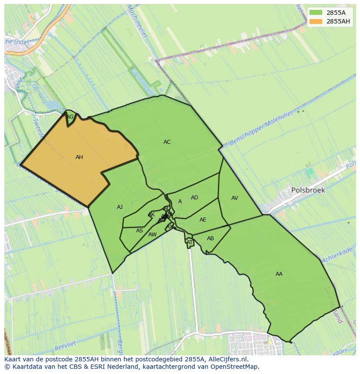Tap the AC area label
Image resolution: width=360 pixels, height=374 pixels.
tap(167, 142)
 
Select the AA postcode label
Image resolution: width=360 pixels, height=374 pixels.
tap(279, 274)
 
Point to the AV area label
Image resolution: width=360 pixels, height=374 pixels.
tap(235, 198)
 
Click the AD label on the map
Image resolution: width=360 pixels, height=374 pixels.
tap(194, 198)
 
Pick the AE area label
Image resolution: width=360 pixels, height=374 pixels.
tap(203, 220)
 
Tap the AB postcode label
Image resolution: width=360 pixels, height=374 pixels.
tap(210, 238)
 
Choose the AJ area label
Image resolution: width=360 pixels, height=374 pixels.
tap(120, 207)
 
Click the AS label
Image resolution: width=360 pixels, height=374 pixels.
tap(140, 231)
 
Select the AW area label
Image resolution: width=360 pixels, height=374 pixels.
tap(152, 235)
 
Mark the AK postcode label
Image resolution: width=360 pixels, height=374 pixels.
tap(151, 215)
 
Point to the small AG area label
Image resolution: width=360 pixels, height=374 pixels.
tap(70, 117)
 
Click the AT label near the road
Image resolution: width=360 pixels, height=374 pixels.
tap(190, 242)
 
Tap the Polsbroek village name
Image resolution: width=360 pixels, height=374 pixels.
tap(308, 190)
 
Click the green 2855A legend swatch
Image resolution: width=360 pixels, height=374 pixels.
tap(316, 13)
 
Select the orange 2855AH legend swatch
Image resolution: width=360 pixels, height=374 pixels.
tap(316, 21)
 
